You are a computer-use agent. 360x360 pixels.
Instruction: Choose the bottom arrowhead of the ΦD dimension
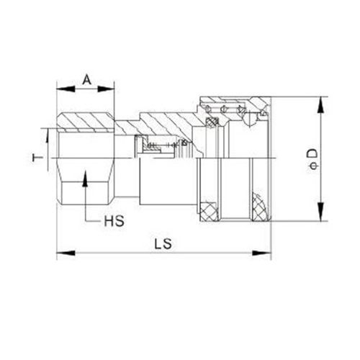click(x=318, y=217)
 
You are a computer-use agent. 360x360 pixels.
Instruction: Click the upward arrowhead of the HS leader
click(x=85, y=176)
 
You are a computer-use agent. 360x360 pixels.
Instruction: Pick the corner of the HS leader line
click(x=85, y=219)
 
